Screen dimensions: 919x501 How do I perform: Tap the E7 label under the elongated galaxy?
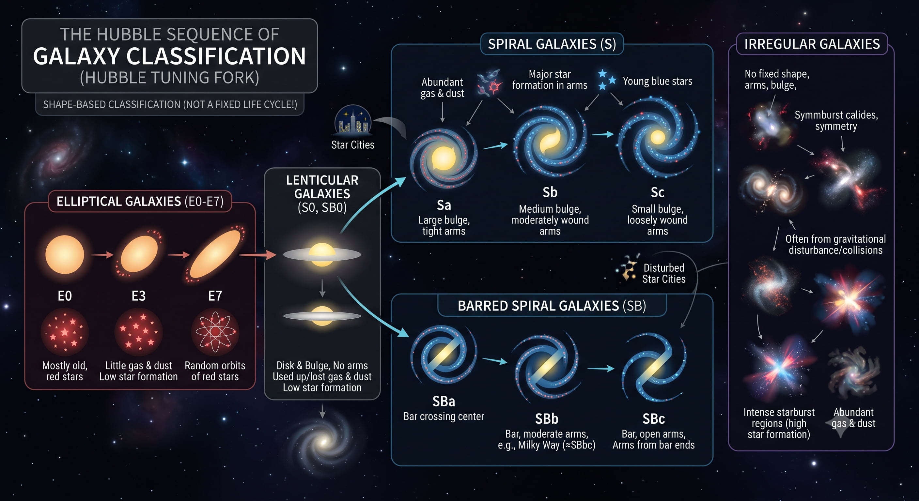pos(215,296)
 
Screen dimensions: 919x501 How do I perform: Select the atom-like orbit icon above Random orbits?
pos(215,332)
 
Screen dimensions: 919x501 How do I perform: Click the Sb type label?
pos(550,192)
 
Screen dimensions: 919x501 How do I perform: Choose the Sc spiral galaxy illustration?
pos(658,137)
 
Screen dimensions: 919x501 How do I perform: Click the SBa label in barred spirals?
pos(444,401)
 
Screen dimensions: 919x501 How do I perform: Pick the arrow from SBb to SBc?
pos(601,368)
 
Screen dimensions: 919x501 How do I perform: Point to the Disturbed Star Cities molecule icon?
pos(628,267)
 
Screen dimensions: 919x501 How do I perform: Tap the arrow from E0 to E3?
pos(102,255)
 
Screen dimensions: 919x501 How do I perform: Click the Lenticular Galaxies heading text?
pos(322,193)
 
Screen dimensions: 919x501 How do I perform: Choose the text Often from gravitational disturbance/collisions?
pos(835,244)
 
